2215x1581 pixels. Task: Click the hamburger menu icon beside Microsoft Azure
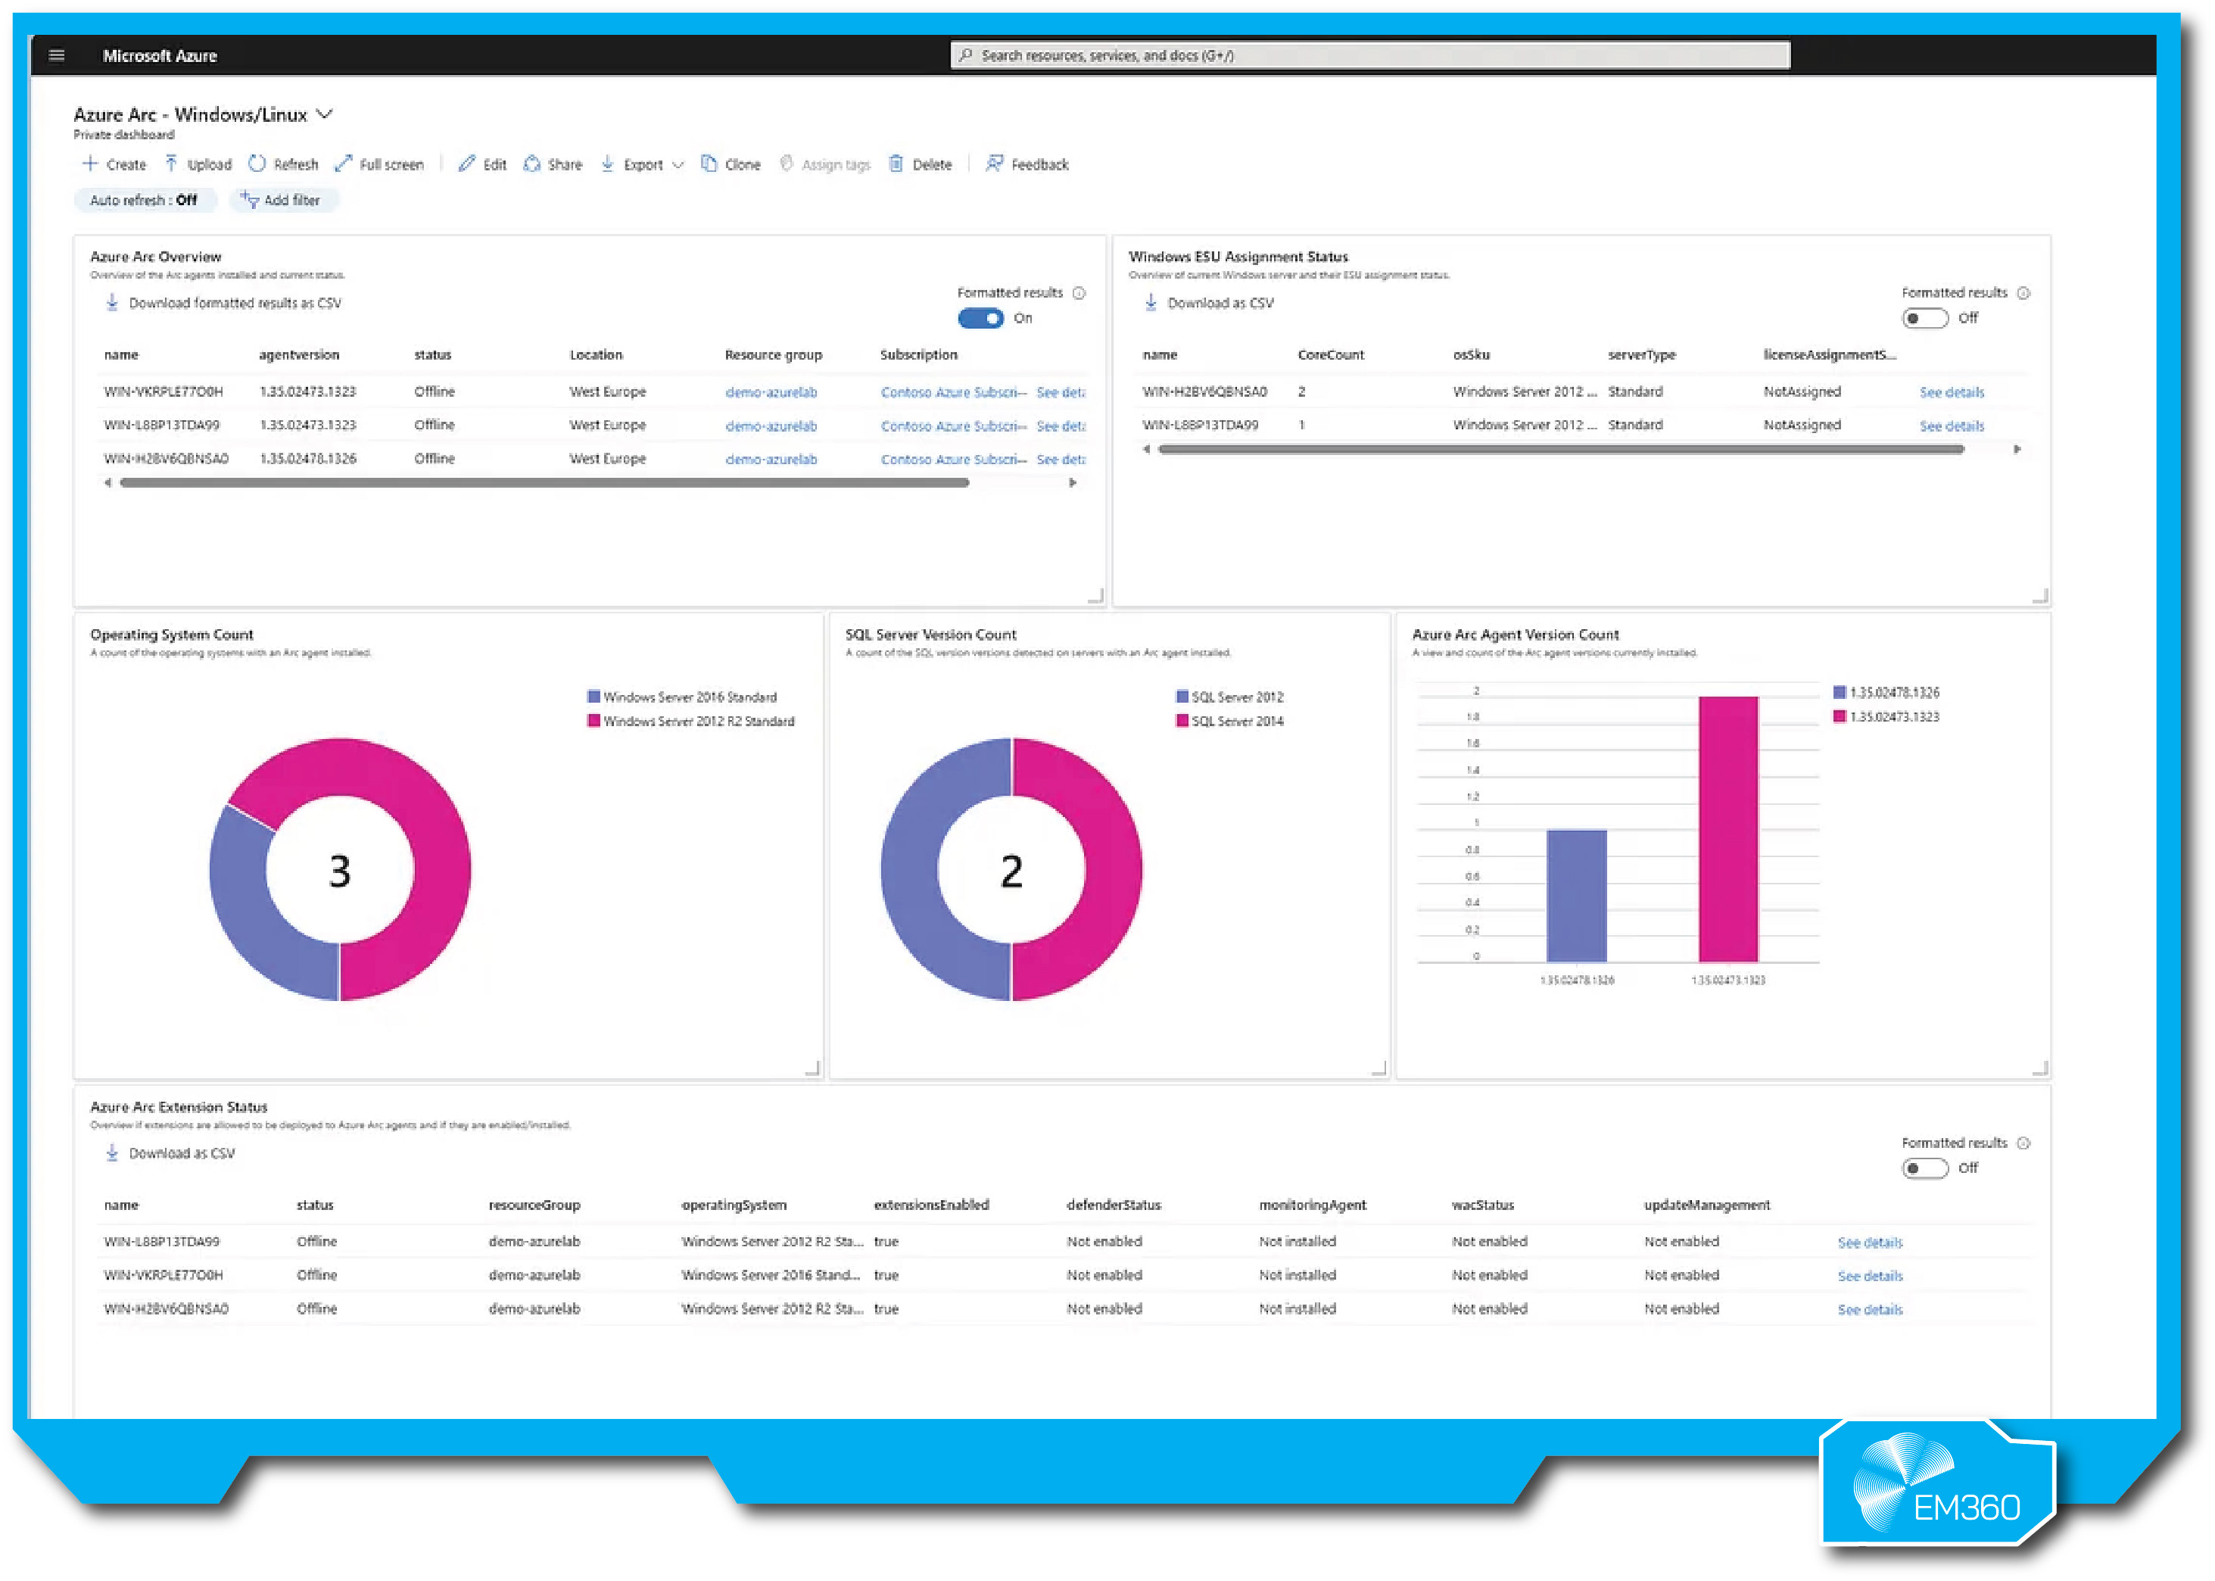click(x=57, y=55)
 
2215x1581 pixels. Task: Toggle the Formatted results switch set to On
click(x=980, y=318)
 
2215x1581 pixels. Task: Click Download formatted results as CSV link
click(x=234, y=304)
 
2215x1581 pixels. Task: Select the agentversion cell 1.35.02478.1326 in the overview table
click(x=307, y=459)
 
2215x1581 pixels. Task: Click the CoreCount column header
click(x=1330, y=355)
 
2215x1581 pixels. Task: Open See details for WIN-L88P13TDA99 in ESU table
click(x=1950, y=426)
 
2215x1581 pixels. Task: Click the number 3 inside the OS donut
click(x=340, y=870)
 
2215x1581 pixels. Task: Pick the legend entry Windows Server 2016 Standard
click(x=688, y=697)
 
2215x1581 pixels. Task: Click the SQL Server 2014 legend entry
click(x=1236, y=722)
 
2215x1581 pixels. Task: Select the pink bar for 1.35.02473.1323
click(x=1727, y=829)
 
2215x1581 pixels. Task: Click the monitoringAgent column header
click(x=1312, y=1205)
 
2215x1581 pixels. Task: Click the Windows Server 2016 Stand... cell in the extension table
click(x=770, y=1275)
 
